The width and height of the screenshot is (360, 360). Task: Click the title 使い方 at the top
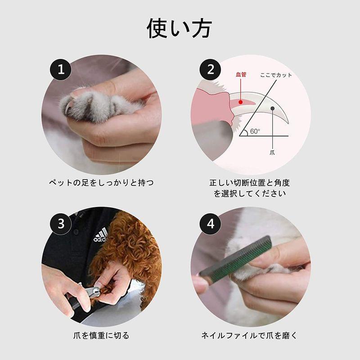pos(180,28)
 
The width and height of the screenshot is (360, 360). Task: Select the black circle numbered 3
pos(61,223)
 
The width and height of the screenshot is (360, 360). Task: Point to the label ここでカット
pos(276,75)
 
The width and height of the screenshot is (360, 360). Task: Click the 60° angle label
pos(255,131)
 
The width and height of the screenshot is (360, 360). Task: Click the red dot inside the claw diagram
pos(241,102)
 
